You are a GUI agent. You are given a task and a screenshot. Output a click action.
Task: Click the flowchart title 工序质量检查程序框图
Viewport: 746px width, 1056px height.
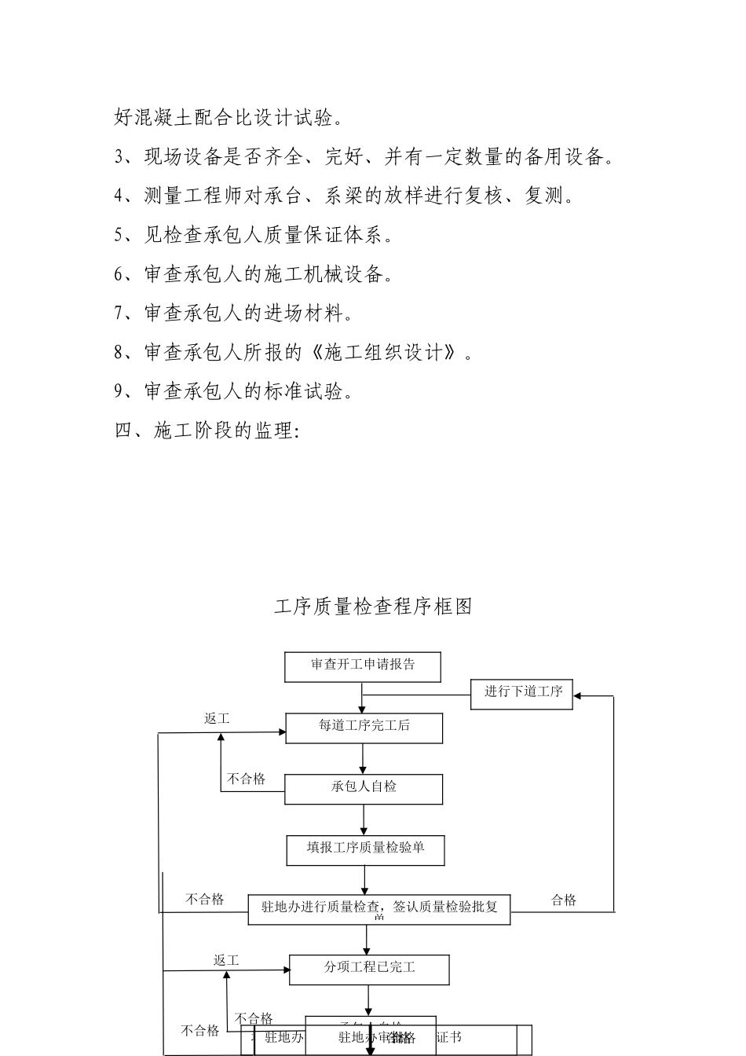pyautogui.click(x=373, y=607)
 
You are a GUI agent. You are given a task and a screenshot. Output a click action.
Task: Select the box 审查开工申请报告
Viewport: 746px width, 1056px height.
pyautogui.click(x=362, y=666)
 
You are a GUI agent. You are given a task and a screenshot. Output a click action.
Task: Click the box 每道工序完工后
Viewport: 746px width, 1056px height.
pyautogui.click(x=364, y=728)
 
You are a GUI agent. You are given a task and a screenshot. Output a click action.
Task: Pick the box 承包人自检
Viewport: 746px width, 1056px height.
pyautogui.click(x=364, y=788)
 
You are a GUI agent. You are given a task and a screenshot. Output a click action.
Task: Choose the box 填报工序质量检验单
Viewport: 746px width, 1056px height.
pyautogui.click(x=365, y=849)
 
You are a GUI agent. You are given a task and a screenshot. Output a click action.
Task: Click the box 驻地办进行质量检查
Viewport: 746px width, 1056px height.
pyautogui.click(x=379, y=909)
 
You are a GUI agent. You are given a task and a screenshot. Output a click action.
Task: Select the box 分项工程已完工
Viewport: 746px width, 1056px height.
pyautogui.click(x=369, y=969)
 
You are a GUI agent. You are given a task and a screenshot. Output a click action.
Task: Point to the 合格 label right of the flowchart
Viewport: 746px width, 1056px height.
pyautogui.click(x=564, y=900)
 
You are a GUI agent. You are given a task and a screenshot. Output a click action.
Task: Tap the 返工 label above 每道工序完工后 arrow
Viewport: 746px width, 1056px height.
pyautogui.click(x=217, y=719)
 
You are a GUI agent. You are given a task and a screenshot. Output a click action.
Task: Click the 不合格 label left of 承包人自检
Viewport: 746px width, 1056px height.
pyautogui.click(x=247, y=779)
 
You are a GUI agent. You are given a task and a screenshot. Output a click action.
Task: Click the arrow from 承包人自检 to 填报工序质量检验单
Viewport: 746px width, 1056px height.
pyautogui.click(x=364, y=819)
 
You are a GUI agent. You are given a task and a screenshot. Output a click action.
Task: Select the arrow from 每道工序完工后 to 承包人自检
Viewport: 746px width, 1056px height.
pyautogui.click(x=363, y=759)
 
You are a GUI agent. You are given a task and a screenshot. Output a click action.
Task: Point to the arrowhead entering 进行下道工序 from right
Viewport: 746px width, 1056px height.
pyautogui.click(x=578, y=695)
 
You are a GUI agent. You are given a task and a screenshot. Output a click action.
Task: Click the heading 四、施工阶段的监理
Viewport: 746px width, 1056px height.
pyautogui.click(x=207, y=431)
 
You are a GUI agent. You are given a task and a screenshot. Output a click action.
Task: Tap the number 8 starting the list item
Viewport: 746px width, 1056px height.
pyautogui.click(x=119, y=353)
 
